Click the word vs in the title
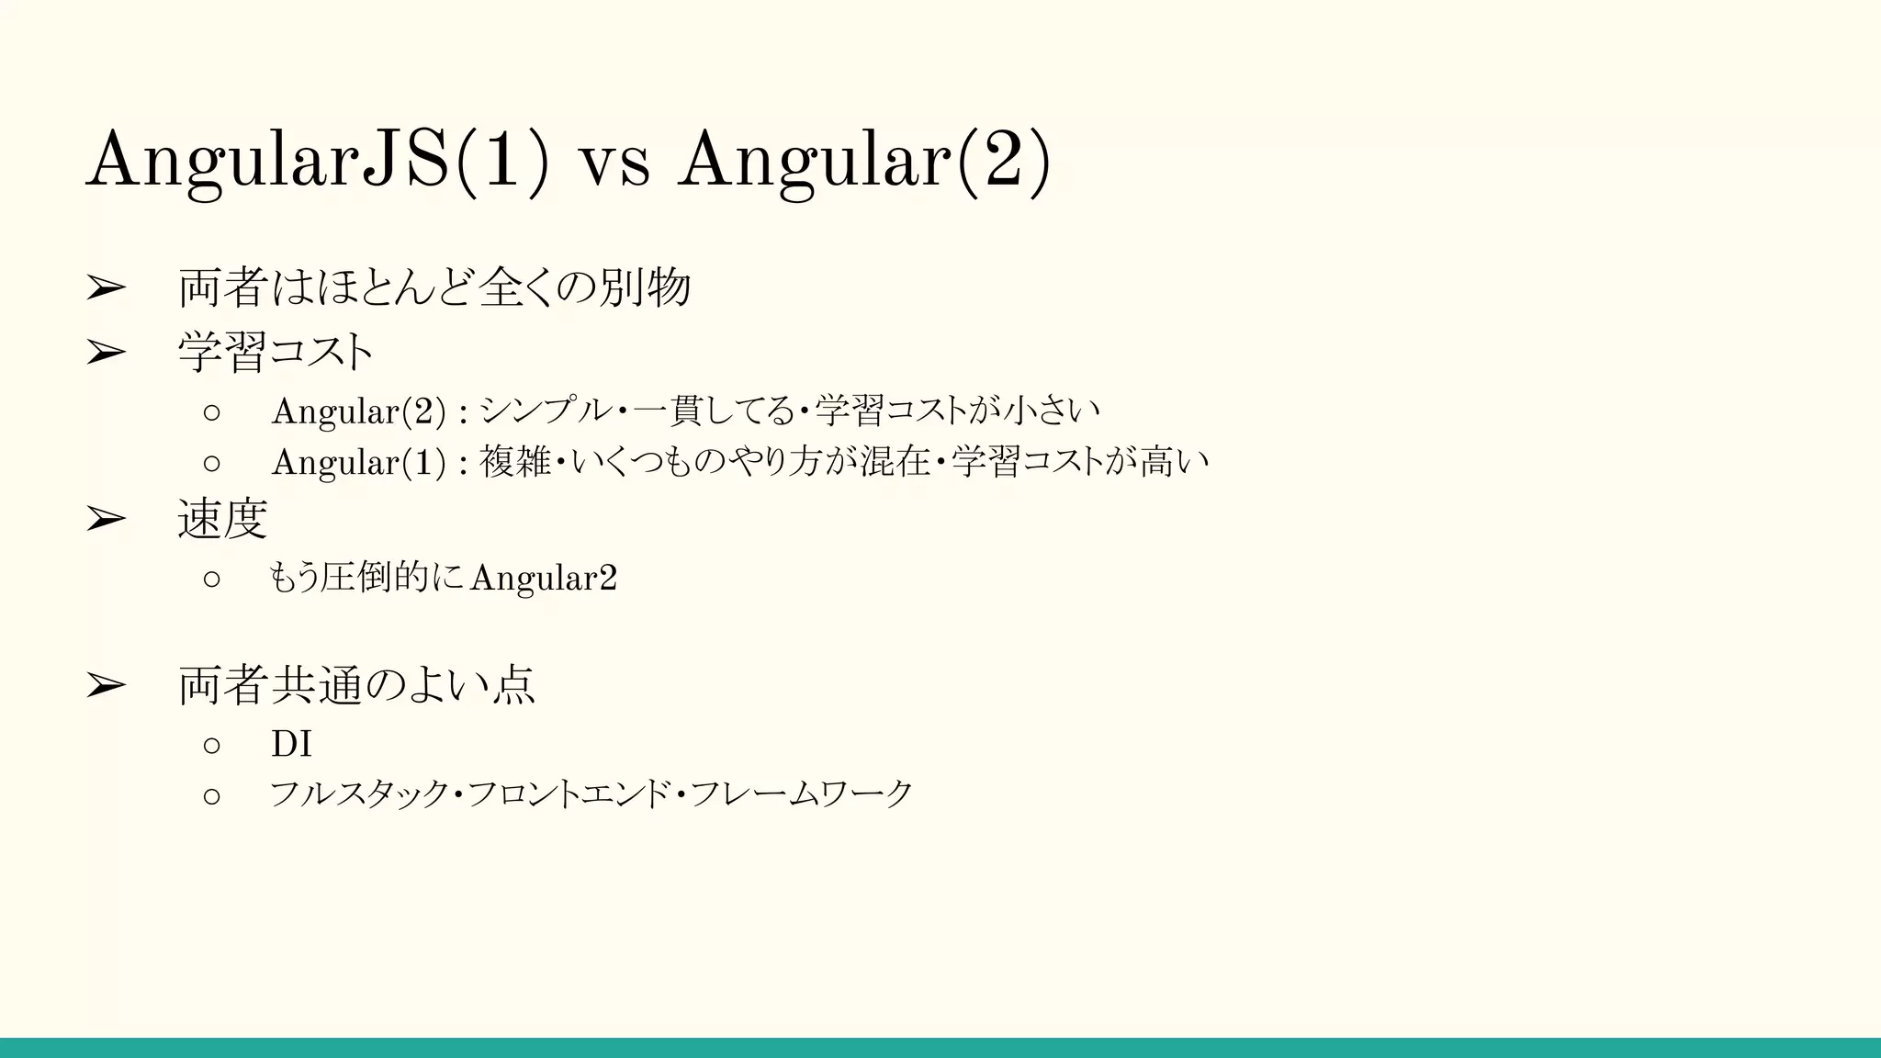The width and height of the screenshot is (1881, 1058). click(614, 163)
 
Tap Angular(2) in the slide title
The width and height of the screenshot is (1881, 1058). click(864, 161)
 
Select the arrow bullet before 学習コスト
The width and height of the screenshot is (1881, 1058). click(106, 353)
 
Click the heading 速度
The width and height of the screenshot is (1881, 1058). click(222, 520)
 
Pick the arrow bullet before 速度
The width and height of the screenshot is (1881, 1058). click(106, 520)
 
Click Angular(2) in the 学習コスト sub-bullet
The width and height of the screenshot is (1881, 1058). click(358, 411)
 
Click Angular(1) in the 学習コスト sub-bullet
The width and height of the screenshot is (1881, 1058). click(358, 462)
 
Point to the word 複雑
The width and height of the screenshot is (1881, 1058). click(515, 461)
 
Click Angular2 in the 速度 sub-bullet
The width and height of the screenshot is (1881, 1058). click(543, 579)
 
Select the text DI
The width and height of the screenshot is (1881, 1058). click(291, 744)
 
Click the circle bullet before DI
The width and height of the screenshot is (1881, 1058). click(212, 745)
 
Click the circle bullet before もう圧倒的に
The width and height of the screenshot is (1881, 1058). click(212, 579)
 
